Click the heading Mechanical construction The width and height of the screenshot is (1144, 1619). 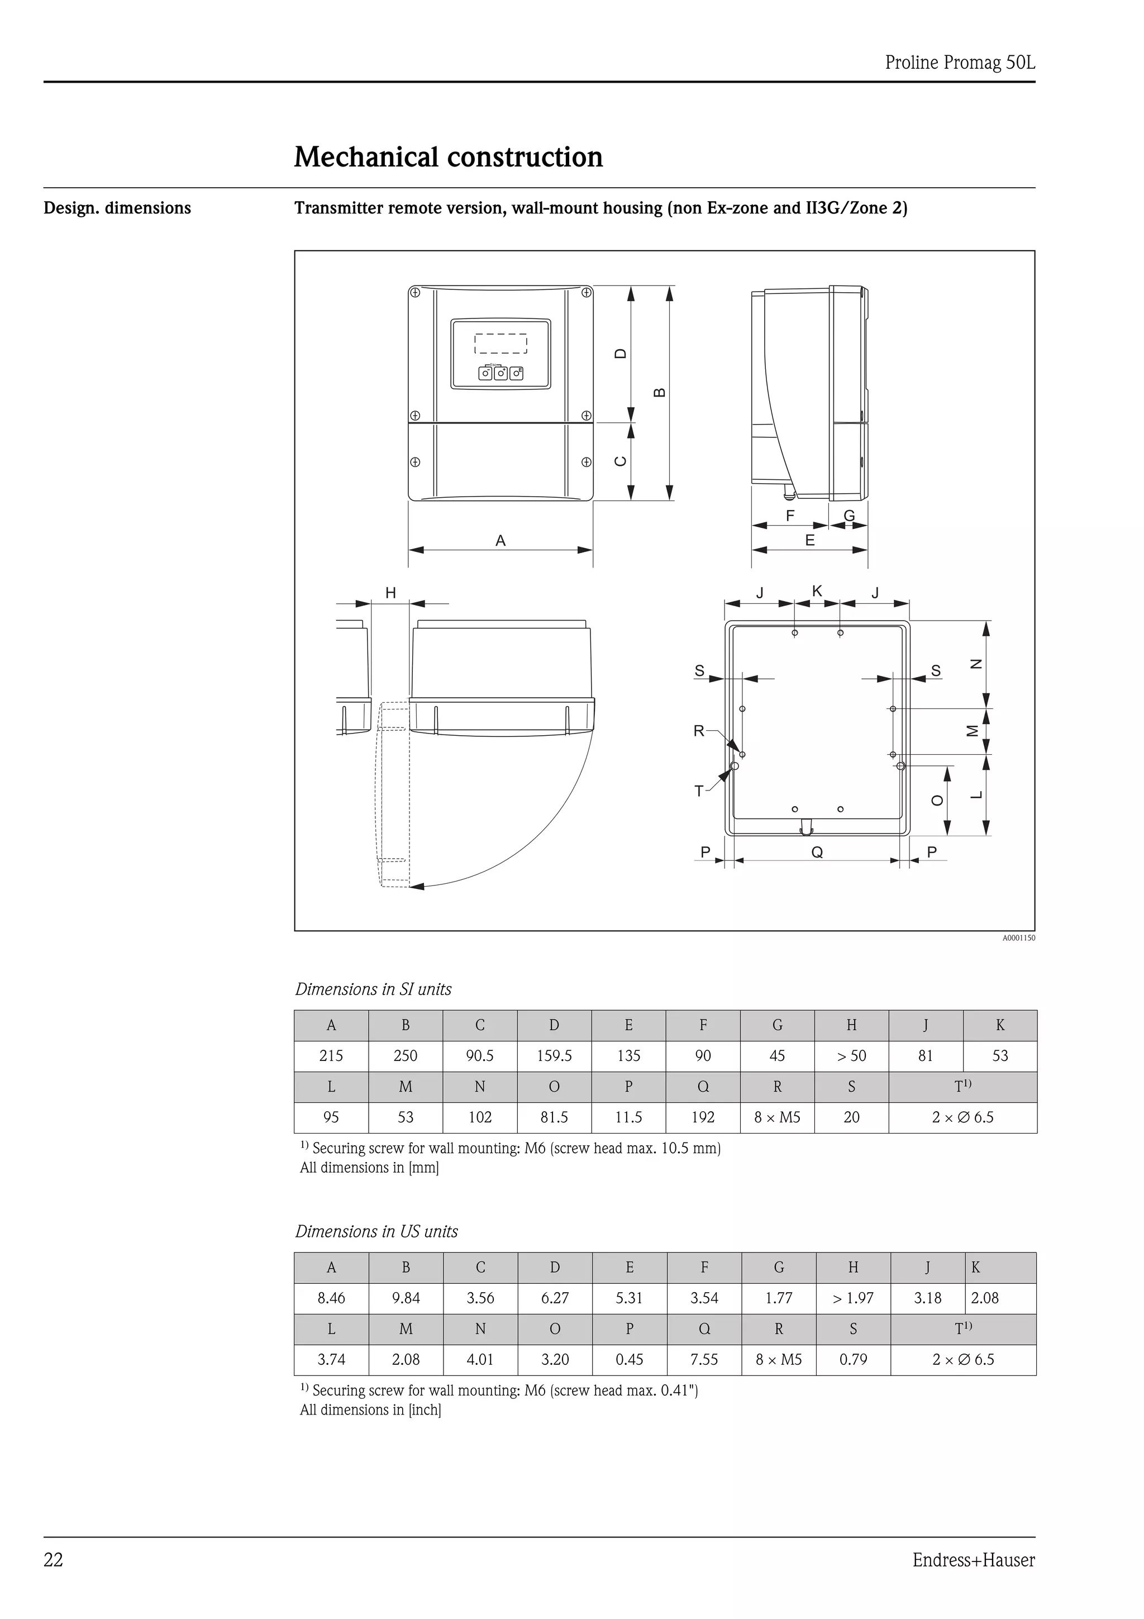tap(449, 156)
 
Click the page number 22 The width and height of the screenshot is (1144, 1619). tap(54, 1560)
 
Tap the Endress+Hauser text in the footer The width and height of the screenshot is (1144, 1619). tap(974, 1560)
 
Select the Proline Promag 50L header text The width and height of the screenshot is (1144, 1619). tap(960, 63)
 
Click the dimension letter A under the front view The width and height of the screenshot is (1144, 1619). tap(500, 541)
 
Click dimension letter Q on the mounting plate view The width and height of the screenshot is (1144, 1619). tap(817, 853)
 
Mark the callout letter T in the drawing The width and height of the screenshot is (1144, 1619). tap(699, 791)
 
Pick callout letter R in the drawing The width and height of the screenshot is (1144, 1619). tap(699, 731)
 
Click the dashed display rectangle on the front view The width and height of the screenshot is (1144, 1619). tap(500, 344)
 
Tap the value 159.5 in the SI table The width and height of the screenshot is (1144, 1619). tap(554, 1056)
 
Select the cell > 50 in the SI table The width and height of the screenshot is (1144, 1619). tap(851, 1056)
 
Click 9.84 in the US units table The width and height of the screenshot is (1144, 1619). tap(406, 1298)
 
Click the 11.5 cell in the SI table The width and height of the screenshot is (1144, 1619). tap(629, 1117)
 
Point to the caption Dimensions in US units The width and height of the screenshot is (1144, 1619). tap(376, 1231)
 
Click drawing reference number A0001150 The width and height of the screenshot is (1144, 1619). tap(1018, 938)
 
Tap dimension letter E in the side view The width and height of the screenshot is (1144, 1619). tap(810, 541)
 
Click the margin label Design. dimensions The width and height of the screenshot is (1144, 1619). tap(117, 208)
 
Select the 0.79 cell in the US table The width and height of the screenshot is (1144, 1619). tap(853, 1360)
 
